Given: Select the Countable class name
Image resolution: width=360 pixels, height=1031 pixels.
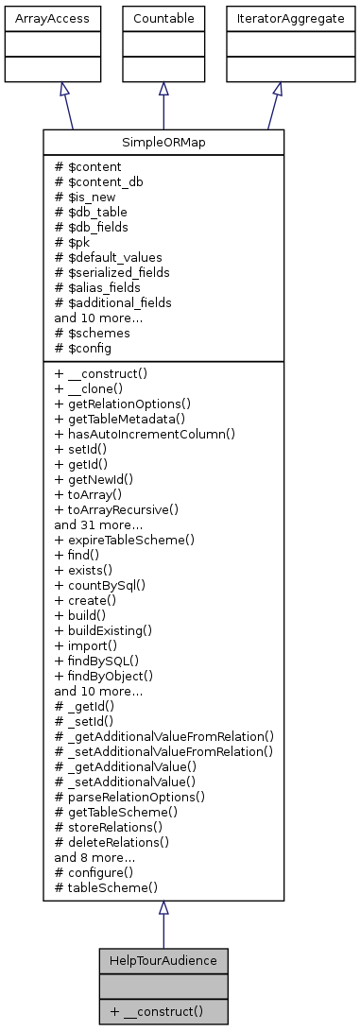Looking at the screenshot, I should pos(163,18).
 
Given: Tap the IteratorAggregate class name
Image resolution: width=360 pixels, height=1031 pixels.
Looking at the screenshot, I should pos(277,18).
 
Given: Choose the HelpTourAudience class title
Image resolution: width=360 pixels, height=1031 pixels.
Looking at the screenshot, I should pos(163,961).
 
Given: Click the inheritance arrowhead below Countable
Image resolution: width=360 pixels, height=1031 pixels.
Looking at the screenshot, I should pos(163,88).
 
